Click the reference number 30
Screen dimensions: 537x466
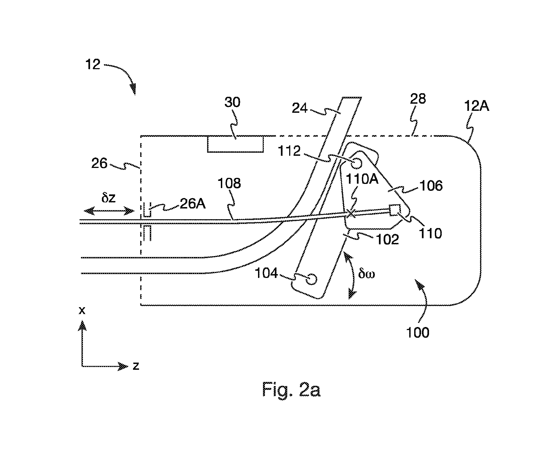(x=232, y=102)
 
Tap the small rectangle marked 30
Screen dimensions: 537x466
(x=235, y=144)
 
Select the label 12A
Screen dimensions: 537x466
(x=477, y=106)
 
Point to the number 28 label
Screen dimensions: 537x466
(x=418, y=99)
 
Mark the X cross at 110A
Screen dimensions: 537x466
(x=351, y=213)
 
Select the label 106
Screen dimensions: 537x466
(x=431, y=186)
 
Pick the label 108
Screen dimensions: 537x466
(x=229, y=183)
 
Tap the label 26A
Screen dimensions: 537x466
(x=193, y=204)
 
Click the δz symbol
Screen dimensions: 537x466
(x=108, y=198)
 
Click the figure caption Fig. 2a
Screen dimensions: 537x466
(x=291, y=389)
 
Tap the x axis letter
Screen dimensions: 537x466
(x=82, y=311)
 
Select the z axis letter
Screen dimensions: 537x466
(x=136, y=366)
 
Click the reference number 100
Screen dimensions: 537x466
(x=418, y=333)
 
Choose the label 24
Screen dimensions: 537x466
(x=300, y=108)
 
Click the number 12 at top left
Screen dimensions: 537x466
(x=93, y=65)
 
